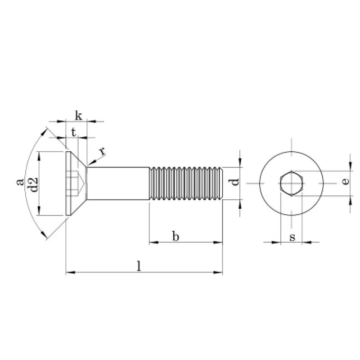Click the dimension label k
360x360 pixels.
78,116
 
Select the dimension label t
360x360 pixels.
73,132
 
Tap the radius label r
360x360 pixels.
102,151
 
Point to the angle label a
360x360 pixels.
20,182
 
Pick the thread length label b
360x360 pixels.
175,236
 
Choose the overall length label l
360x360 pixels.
139,266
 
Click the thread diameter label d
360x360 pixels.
234,182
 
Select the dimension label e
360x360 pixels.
345,181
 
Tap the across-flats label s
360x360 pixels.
292,237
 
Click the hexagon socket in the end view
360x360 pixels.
291,184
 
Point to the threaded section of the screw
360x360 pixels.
186,184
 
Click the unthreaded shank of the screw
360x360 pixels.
118,184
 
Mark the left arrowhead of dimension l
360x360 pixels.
71,272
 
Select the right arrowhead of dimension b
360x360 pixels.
218,242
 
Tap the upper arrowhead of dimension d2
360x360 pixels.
39,156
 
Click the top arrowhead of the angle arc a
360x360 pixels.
43,132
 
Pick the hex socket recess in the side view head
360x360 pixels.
76,184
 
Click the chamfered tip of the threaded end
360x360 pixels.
221,184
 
